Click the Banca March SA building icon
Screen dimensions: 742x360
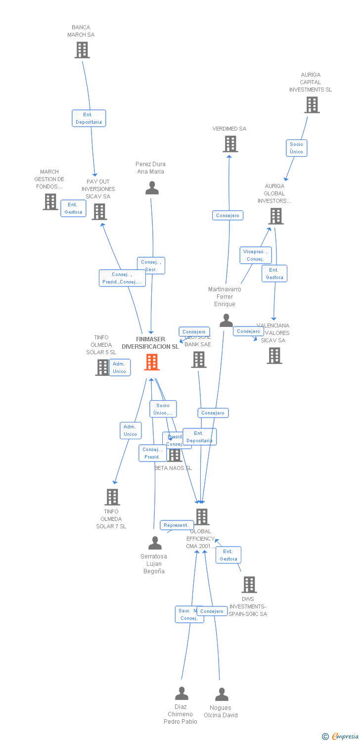tap(82, 50)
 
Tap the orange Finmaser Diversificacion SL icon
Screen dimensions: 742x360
tap(152, 362)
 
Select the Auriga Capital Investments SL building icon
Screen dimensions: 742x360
tap(312, 105)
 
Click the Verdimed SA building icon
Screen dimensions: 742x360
tap(230, 144)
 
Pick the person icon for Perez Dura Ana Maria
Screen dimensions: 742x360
tap(152, 188)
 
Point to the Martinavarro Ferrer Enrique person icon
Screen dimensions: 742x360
tap(226, 321)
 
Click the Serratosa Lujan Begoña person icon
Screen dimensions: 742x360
tap(155, 543)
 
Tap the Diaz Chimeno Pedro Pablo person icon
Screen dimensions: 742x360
tap(181, 694)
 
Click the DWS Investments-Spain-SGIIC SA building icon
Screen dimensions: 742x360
tap(249, 585)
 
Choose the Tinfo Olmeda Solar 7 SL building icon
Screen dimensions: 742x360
tap(112, 497)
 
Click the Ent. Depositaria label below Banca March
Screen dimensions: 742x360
tap(89, 118)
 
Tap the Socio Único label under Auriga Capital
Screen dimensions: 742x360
tap(297, 148)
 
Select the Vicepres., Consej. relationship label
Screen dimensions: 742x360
tap(255, 255)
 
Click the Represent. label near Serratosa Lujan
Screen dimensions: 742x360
tap(176, 525)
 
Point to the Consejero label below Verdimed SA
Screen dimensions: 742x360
tap(227, 216)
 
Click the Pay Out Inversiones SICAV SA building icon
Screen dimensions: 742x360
tap(99, 212)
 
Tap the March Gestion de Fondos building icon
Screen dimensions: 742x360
tap(50, 202)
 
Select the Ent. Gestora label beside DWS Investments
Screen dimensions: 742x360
tap(228, 555)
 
